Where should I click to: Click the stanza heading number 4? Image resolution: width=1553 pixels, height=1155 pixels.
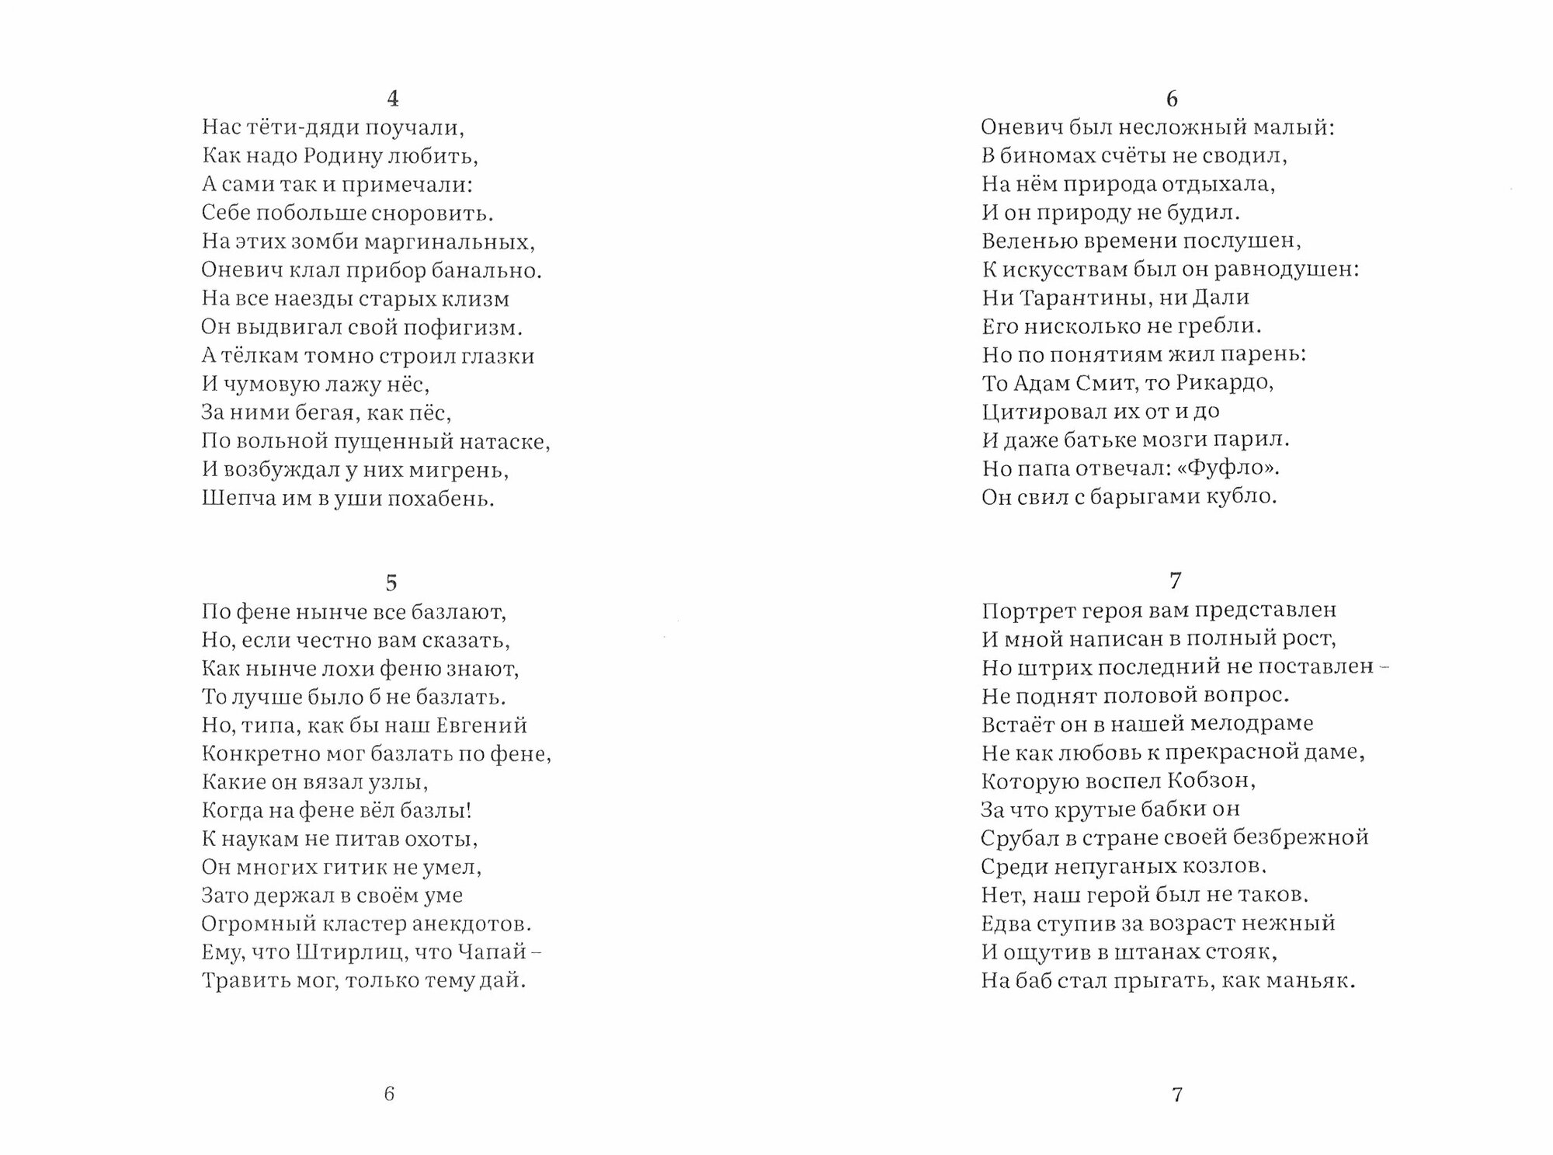pyautogui.click(x=392, y=99)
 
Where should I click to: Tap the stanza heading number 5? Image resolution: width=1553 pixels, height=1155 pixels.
pyautogui.click(x=391, y=583)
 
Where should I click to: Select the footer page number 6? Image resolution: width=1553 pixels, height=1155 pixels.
pyautogui.click(x=389, y=1094)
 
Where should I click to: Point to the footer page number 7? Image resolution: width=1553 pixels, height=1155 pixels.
pyautogui.click(x=1176, y=1094)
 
